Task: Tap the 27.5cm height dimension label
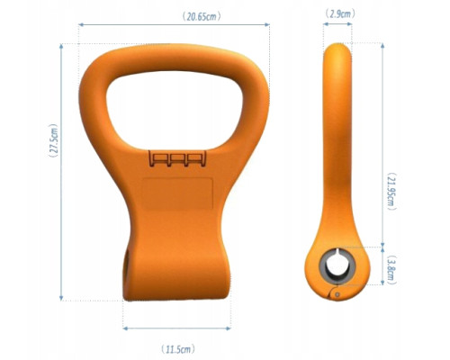click(x=53, y=142)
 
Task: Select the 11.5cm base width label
click(x=175, y=346)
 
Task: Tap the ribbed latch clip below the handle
click(x=176, y=161)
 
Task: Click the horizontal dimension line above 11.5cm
click(x=175, y=327)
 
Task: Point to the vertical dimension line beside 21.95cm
click(x=385, y=144)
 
